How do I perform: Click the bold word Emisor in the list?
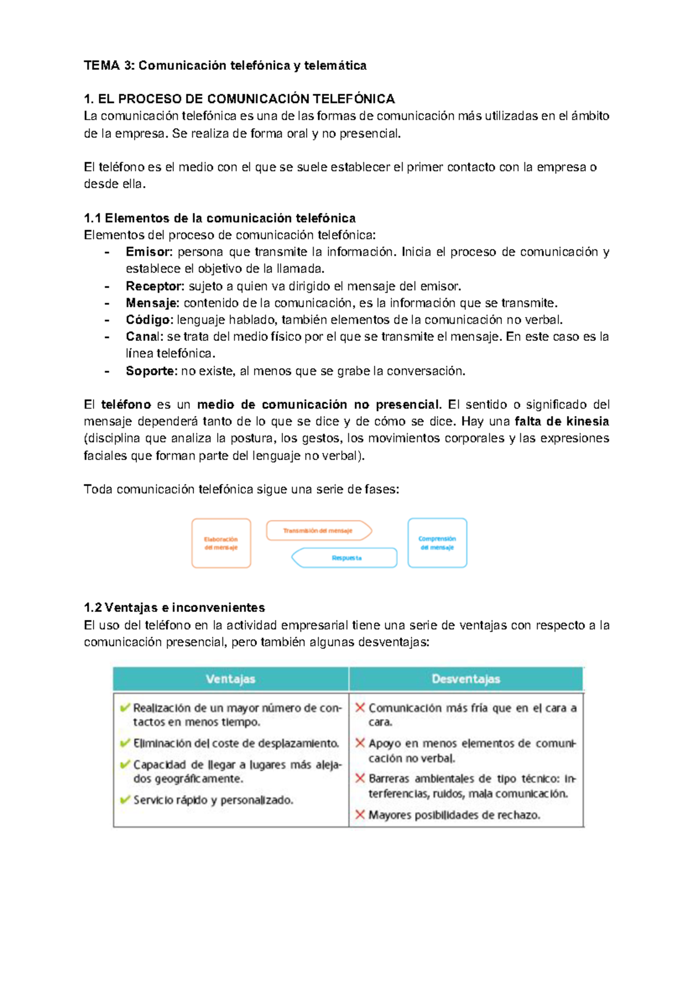(148, 252)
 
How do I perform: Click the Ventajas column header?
(230, 679)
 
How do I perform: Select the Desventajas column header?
(465, 679)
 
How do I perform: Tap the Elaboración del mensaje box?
(221, 543)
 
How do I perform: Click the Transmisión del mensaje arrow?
(318, 530)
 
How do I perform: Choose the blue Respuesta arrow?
(345, 558)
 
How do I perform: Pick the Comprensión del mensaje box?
(437, 543)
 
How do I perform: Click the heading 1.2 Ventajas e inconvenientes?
(174, 608)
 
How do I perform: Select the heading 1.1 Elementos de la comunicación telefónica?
(219, 218)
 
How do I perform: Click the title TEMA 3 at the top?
(225, 65)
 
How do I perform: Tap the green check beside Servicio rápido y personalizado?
(125, 800)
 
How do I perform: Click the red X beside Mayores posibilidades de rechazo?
(360, 815)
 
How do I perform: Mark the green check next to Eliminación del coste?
(125, 743)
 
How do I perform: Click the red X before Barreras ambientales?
(360, 778)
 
